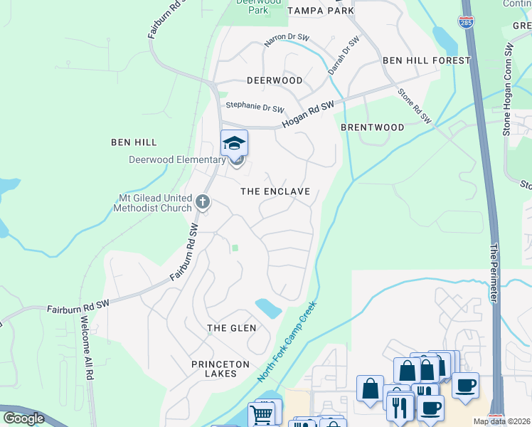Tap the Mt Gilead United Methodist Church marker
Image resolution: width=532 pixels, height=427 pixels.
tap(203, 202)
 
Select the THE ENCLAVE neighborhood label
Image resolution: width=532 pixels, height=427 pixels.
tap(275, 191)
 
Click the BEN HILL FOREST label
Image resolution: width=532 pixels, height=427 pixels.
tap(426, 60)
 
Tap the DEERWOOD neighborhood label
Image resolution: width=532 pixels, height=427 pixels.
tap(274, 80)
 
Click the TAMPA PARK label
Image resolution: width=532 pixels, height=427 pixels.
tap(321, 11)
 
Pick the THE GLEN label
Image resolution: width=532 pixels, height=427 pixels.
tap(231, 327)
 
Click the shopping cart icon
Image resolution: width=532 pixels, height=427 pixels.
tap(262, 413)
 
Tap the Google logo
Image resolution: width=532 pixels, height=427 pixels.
tap(23, 418)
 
